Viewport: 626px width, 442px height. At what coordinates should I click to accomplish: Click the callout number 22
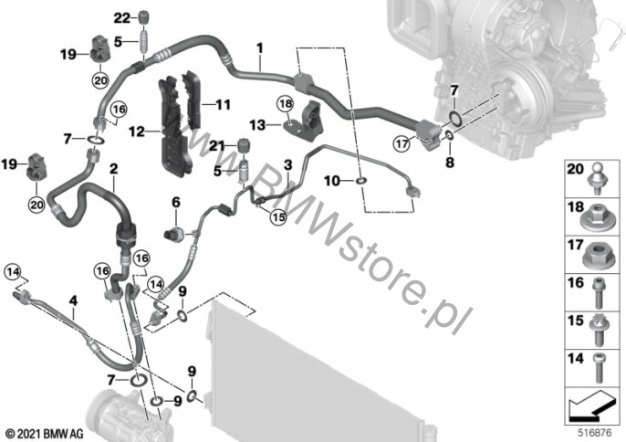(122, 18)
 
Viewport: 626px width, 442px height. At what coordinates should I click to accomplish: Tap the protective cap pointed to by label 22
(144, 18)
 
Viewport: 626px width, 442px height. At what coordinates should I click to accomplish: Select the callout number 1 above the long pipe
(260, 48)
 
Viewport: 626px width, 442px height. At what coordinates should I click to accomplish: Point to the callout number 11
(224, 105)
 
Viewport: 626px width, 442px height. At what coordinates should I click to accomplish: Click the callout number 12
(137, 132)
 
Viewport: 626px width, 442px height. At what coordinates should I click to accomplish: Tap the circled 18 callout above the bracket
(286, 105)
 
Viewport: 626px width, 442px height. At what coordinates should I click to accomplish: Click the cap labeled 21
(244, 145)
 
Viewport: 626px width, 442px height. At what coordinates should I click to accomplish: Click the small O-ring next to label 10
(360, 182)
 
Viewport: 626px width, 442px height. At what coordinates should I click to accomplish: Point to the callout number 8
(450, 163)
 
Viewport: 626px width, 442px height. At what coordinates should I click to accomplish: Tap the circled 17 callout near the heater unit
(402, 142)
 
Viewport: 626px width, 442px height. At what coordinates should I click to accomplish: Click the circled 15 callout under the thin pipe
(278, 217)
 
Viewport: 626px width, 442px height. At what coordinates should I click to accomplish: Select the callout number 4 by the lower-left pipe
(73, 300)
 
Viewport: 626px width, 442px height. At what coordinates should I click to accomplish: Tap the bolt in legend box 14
(598, 368)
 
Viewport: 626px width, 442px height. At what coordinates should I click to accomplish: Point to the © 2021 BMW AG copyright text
(45, 434)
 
